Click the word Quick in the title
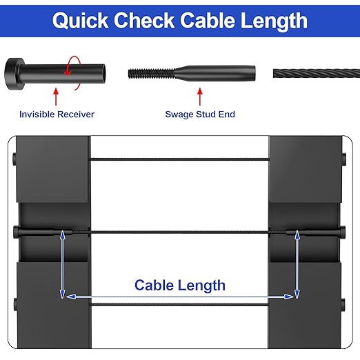80,21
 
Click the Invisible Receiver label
57,114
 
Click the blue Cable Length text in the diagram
179,285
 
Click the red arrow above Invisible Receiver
57,94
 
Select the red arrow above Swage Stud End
200,94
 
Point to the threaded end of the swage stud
149,72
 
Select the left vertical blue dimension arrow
63,265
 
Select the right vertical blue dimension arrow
297,265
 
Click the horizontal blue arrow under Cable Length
179,297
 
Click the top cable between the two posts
179,161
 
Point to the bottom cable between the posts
179,305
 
